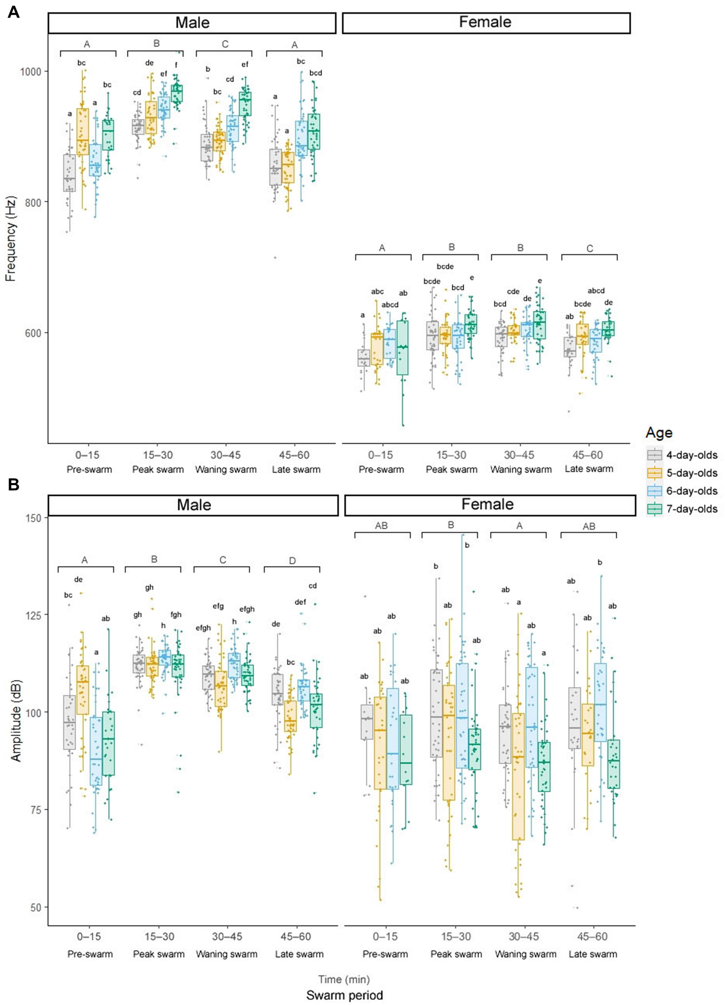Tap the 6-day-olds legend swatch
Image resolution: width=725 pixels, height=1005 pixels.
(x=654, y=491)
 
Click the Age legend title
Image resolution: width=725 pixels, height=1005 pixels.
(x=659, y=433)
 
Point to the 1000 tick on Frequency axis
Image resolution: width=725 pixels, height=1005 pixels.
(x=31, y=72)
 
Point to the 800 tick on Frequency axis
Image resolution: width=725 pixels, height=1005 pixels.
(x=34, y=202)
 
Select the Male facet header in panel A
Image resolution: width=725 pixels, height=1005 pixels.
(x=192, y=23)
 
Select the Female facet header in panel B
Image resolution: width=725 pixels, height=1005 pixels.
(x=487, y=504)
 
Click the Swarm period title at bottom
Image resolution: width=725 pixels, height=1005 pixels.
(x=344, y=995)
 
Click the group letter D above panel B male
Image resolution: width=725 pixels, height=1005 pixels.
(x=292, y=561)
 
